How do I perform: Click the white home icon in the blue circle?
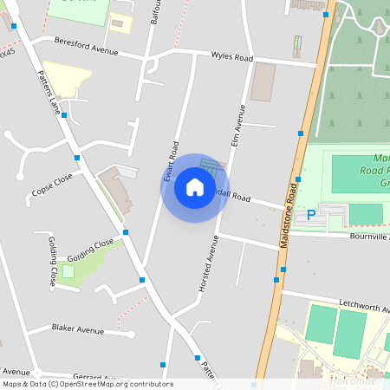tap(194, 187)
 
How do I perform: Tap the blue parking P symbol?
tap(310, 214)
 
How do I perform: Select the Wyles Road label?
tap(231, 57)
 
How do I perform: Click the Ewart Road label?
tap(172, 156)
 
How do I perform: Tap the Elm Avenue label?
tap(235, 124)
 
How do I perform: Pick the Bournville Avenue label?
tap(369, 235)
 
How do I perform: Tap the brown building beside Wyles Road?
tap(262, 81)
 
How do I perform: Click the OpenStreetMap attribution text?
tap(88, 384)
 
